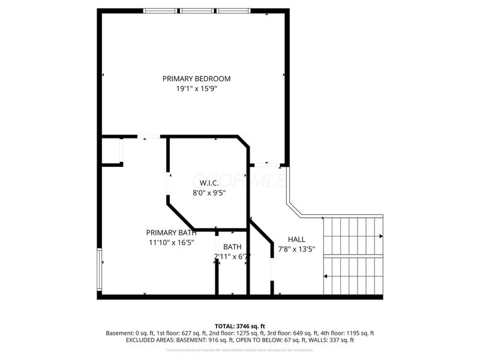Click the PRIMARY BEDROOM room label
tap(196, 79)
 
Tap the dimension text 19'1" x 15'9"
tap(196, 89)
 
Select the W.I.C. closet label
tap(208, 183)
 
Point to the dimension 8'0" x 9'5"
tap(209, 193)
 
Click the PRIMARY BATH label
tap(170, 233)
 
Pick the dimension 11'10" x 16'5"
tap(170, 242)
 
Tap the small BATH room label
tap(232, 247)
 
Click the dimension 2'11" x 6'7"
tap(232, 257)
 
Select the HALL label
tap(296, 239)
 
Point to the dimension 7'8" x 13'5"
tap(296, 249)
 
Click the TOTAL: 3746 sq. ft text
tap(239, 326)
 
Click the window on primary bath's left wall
tap(100, 271)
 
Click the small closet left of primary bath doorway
tap(111, 151)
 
